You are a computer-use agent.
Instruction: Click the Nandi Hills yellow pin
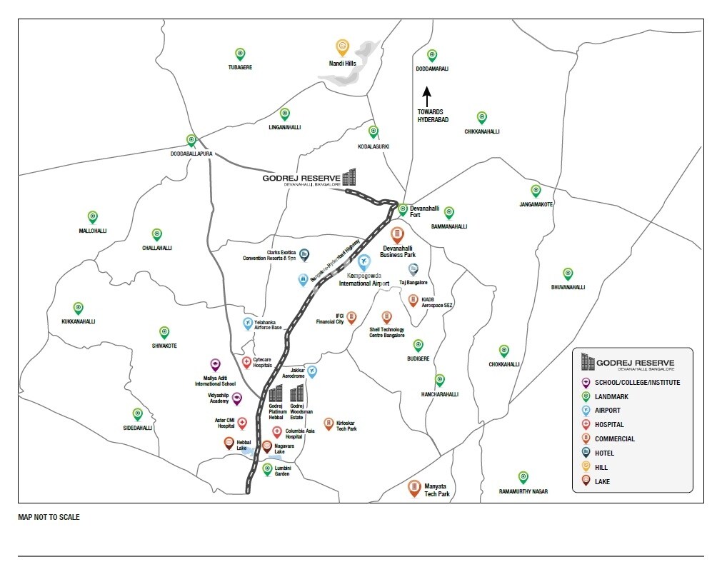pos(343,47)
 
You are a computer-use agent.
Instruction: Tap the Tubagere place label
pos(240,67)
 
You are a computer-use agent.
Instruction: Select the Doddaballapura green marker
pos(191,141)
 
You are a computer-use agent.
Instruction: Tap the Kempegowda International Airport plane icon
pos(364,261)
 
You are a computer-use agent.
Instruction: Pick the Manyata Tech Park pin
pos(414,488)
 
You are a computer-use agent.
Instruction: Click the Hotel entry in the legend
pos(603,453)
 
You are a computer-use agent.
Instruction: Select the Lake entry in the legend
pos(602,481)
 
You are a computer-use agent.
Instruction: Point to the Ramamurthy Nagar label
pos(523,492)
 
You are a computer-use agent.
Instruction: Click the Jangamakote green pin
pos(536,191)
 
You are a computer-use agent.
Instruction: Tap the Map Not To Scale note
pos(49,517)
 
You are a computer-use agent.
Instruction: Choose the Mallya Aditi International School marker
pos(215,365)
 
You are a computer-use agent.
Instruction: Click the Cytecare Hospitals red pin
pos(246,362)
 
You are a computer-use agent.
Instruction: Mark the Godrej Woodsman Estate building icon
pos(297,393)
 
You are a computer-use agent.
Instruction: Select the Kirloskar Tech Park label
pos(346,426)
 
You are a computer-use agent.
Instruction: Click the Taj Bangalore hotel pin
pos(413,269)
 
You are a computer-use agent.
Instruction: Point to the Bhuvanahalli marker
pos(568,274)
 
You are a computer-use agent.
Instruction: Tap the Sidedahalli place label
pos(137,428)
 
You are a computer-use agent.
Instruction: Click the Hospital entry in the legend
pos(608,424)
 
